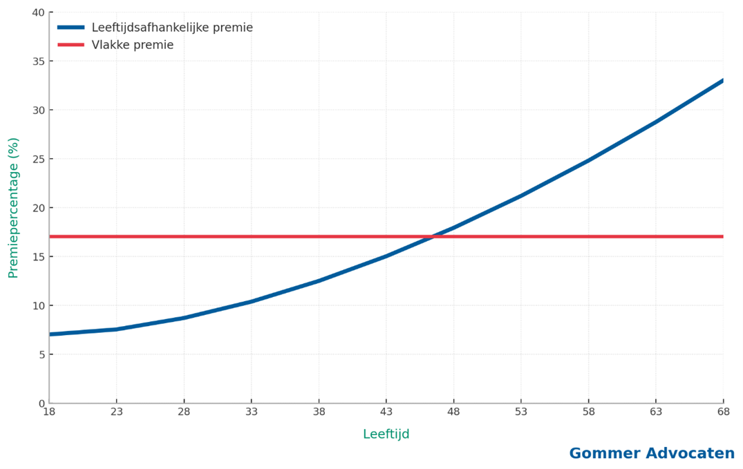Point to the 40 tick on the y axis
(x=37, y=12)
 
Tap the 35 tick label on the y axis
(x=37, y=61)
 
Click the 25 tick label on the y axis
(x=37, y=159)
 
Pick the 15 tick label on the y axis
(x=37, y=257)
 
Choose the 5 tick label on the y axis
(x=40, y=354)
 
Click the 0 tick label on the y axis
(x=40, y=403)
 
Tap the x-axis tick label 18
(x=49, y=412)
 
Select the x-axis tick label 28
(x=184, y=412)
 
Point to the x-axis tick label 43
(x=386, y=412)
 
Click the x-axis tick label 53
(x=521, y=412)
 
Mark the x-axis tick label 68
(x=723, y=412)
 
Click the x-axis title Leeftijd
(x=386, y=434)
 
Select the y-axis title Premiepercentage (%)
(x=13, y=208)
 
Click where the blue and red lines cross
(x=434, y=236)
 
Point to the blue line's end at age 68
(x=723, y=80)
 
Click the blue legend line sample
(x=70, y=28)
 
